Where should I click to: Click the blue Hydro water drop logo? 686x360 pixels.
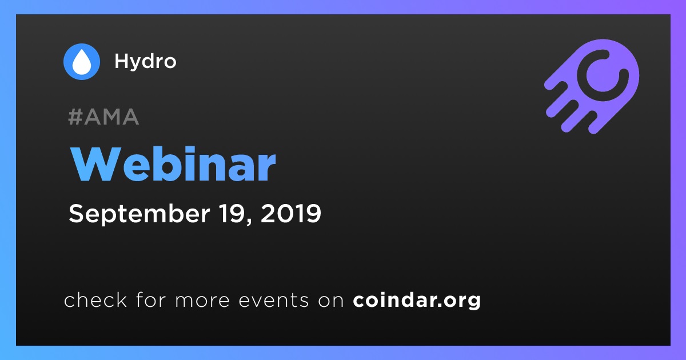point(81,62)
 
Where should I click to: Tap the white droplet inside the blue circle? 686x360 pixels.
point(81,62)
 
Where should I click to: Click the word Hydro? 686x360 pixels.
point(145,62)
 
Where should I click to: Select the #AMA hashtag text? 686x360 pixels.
point(103,117)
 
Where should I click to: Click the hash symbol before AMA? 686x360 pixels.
point(75,117)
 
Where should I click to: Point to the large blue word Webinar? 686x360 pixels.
point(173,164)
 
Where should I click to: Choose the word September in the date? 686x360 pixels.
point(139,214)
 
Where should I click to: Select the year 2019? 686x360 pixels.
point(290,213)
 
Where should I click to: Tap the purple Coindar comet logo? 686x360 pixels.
point(592,86)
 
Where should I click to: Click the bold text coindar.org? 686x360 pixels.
point(417,301)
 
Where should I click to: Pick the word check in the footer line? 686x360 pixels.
point(95,299)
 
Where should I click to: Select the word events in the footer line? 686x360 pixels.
point(274,301)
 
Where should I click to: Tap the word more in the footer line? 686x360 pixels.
point(202,301)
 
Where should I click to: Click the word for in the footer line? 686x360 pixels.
point(151,299)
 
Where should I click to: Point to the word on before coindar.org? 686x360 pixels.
point(331,301)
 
